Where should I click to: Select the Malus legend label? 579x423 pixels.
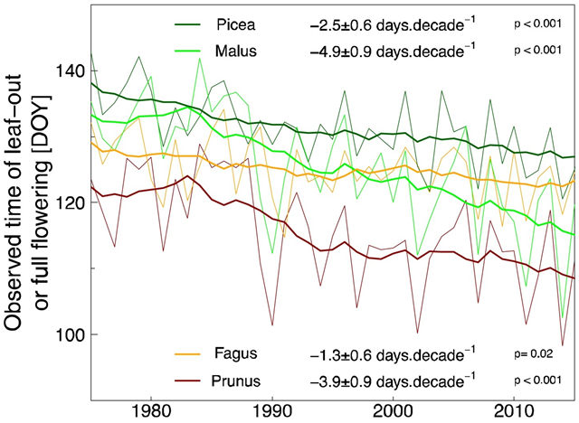(236, 52)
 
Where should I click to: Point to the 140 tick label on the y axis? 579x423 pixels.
(73, 71)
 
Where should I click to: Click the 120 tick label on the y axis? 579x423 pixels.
(73, 203)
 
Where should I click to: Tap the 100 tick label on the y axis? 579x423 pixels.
(73, 334)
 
